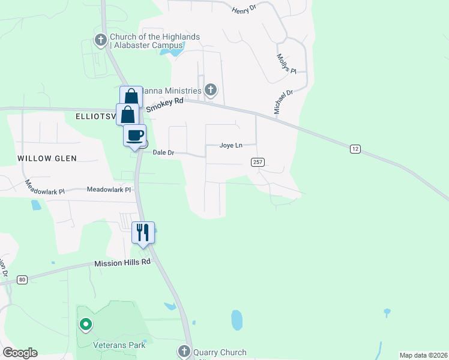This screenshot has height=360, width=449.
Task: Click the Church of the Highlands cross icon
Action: [x=101, y=41]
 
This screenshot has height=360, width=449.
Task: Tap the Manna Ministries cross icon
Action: [x=210, y=91]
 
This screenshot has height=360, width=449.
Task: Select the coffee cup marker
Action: [x=135, y=135]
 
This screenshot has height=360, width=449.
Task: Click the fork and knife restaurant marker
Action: [x=143, y=232]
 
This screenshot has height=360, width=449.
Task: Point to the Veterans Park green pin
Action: [x=86, y=325]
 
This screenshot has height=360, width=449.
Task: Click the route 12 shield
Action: [x=355, y=148]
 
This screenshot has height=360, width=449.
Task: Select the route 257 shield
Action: [x=258, y=162]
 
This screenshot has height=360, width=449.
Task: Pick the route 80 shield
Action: [x=22, y=279]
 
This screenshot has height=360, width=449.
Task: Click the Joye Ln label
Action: [x=231, y=145]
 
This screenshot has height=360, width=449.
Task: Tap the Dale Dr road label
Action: [x=163, y=153]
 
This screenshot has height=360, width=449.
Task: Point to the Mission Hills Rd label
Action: [x=122, y=263]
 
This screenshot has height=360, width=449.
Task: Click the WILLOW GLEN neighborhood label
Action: [x=47, y=158]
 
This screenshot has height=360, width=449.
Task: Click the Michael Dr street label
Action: [x=283, y=102]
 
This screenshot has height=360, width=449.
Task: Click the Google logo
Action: [x=20, y=353]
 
